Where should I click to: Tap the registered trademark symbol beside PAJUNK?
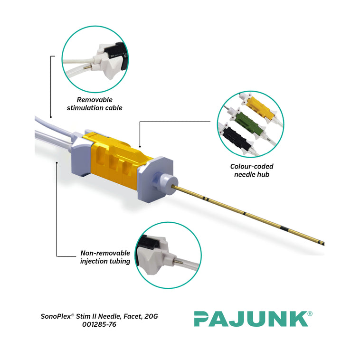(310, 313)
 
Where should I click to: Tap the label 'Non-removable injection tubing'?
(105, 257)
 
